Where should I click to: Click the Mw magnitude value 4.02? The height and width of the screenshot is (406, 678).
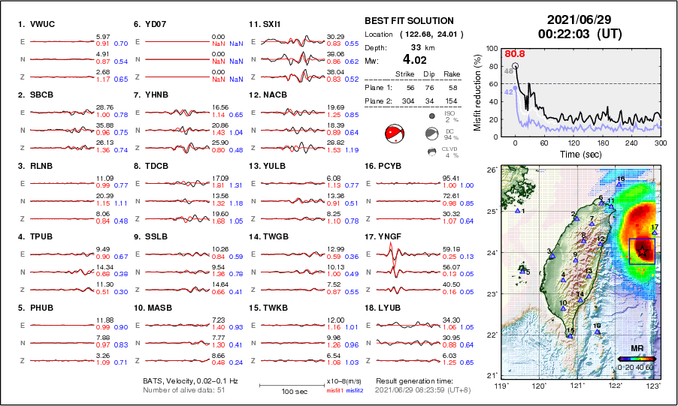tap(415, 59)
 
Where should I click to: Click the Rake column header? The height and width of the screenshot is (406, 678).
tap(451, 74)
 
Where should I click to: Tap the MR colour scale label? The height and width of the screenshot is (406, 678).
tap(637, 349)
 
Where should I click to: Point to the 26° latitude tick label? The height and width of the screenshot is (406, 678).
tap(489, 170)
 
